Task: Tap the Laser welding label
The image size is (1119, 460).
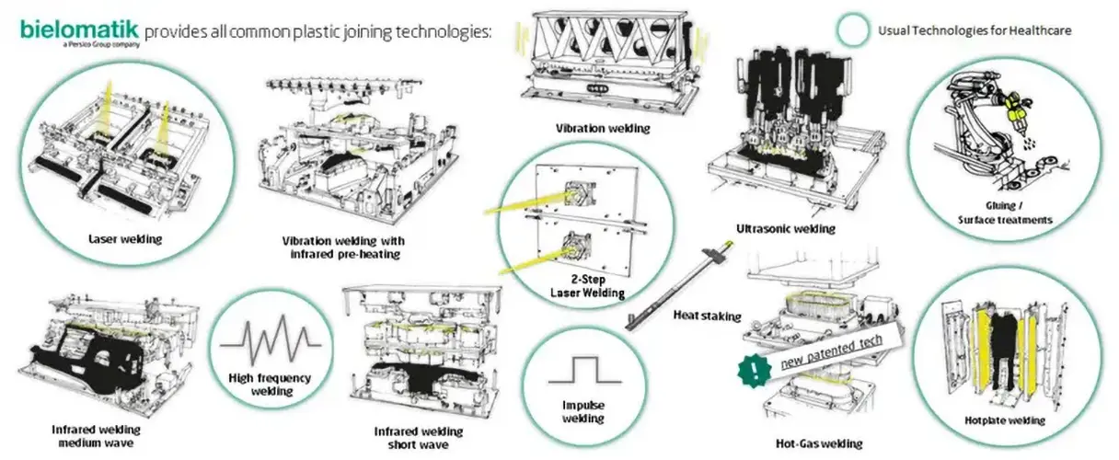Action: pos(126,239)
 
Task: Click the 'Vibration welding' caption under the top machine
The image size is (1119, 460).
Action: pos(603,129)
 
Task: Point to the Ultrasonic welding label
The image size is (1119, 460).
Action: pos(785,227)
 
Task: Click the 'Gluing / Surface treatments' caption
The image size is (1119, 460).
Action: pos(1003,213)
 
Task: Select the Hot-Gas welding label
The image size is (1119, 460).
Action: pos(819,443)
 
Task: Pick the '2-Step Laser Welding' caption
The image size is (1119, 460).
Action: pos(587,285)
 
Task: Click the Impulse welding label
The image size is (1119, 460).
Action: pos(583,411)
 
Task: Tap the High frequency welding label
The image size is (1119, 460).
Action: pos(269,384)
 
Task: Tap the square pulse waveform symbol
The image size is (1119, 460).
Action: pos(583,371)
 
